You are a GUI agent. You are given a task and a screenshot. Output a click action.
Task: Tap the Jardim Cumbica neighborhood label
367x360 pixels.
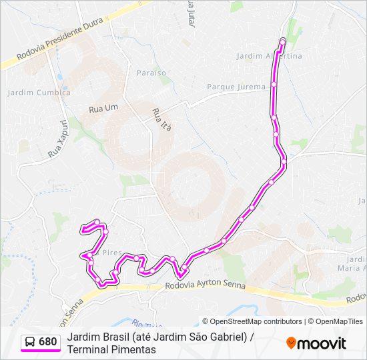39,93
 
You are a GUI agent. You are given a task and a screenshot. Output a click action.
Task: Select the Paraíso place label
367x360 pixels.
151,72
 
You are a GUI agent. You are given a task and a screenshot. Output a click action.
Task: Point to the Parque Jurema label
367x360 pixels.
236,87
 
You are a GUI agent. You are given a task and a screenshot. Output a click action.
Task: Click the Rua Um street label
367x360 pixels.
103,107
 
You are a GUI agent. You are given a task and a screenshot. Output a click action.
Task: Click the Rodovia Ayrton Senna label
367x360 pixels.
204,286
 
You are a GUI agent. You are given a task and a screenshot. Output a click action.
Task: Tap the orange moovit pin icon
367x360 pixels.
291,343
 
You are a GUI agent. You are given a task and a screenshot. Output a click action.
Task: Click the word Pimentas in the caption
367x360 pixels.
133,349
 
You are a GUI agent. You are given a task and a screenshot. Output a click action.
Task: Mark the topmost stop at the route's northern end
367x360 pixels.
282,42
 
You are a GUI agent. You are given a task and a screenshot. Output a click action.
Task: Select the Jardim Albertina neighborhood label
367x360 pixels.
270,56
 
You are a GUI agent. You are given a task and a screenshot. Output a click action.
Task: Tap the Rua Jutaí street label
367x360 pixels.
191,14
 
